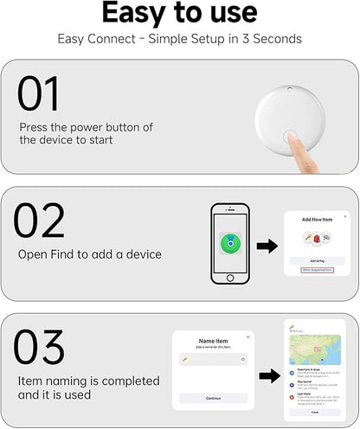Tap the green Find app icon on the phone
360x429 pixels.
click(x=230, y=242)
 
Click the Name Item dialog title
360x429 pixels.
click(x=212, y=341)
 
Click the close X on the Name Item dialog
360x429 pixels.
click(x=247, y=336)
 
